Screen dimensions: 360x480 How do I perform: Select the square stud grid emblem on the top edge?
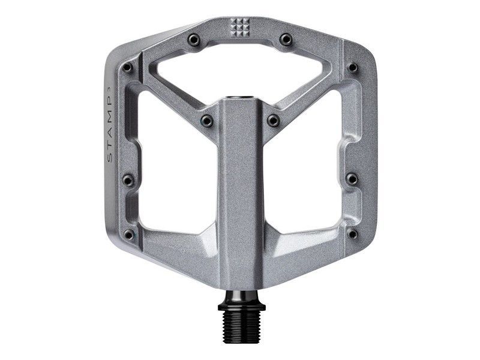240,26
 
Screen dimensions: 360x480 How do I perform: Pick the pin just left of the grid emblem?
193,40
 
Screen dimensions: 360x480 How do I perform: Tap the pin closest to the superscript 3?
127,68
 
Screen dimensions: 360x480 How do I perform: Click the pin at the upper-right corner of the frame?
353,68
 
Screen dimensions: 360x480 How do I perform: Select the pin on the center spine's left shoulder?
207,121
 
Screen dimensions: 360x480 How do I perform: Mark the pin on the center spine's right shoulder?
273,121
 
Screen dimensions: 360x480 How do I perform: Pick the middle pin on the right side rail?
352,179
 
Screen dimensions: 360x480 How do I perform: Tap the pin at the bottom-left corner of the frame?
128,233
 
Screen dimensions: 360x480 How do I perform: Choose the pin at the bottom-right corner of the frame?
352,233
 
